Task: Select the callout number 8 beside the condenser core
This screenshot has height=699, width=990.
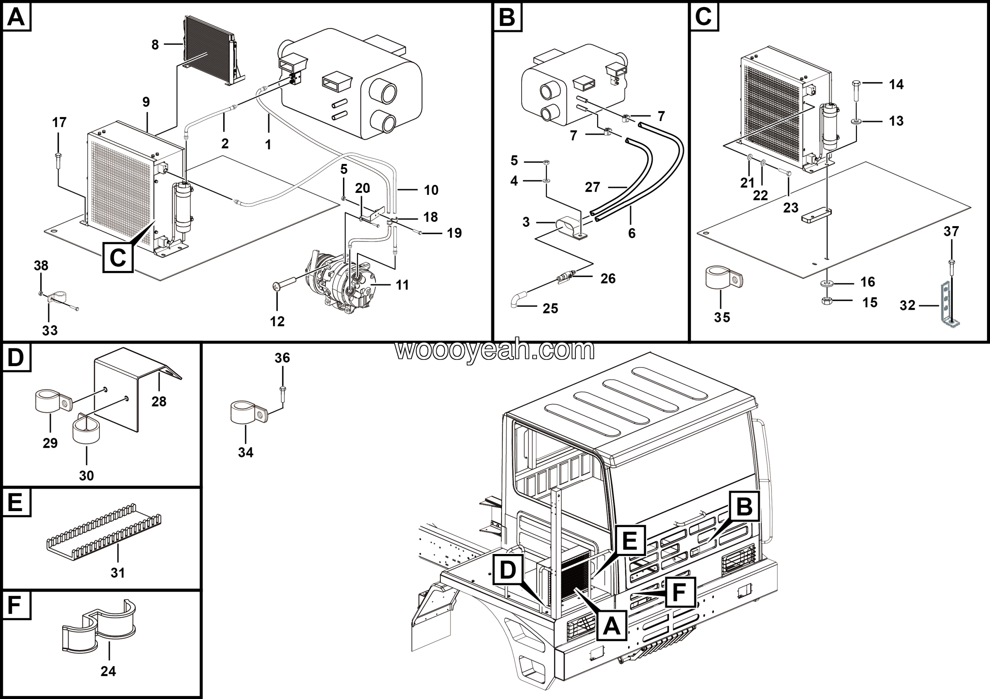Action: (155, 45)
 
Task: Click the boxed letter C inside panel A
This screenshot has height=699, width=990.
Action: (118, 258)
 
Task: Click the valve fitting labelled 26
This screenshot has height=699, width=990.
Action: (565, 276)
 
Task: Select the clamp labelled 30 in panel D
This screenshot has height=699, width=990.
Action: (86, 429)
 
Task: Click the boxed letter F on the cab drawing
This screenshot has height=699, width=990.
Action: (679, 593)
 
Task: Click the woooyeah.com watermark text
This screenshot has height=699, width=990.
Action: (495, 350)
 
